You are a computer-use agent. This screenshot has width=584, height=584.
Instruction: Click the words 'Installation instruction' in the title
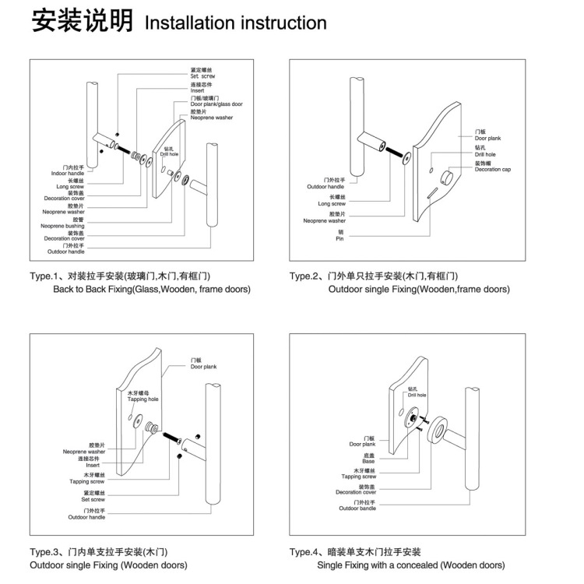coord(236,23)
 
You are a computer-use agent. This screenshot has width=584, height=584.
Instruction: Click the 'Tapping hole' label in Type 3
coord(143,397)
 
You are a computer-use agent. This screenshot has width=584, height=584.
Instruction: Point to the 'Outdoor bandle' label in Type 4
coord(358,507)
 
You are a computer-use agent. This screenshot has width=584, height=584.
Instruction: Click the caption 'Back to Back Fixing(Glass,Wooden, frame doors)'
coord(152,290)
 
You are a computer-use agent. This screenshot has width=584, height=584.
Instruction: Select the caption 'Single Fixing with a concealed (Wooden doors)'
coord(410,565)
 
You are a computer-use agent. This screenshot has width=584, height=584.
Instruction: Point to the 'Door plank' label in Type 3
coord(204,365)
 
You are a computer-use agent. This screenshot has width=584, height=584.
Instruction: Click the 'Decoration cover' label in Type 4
coord(356,491)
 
